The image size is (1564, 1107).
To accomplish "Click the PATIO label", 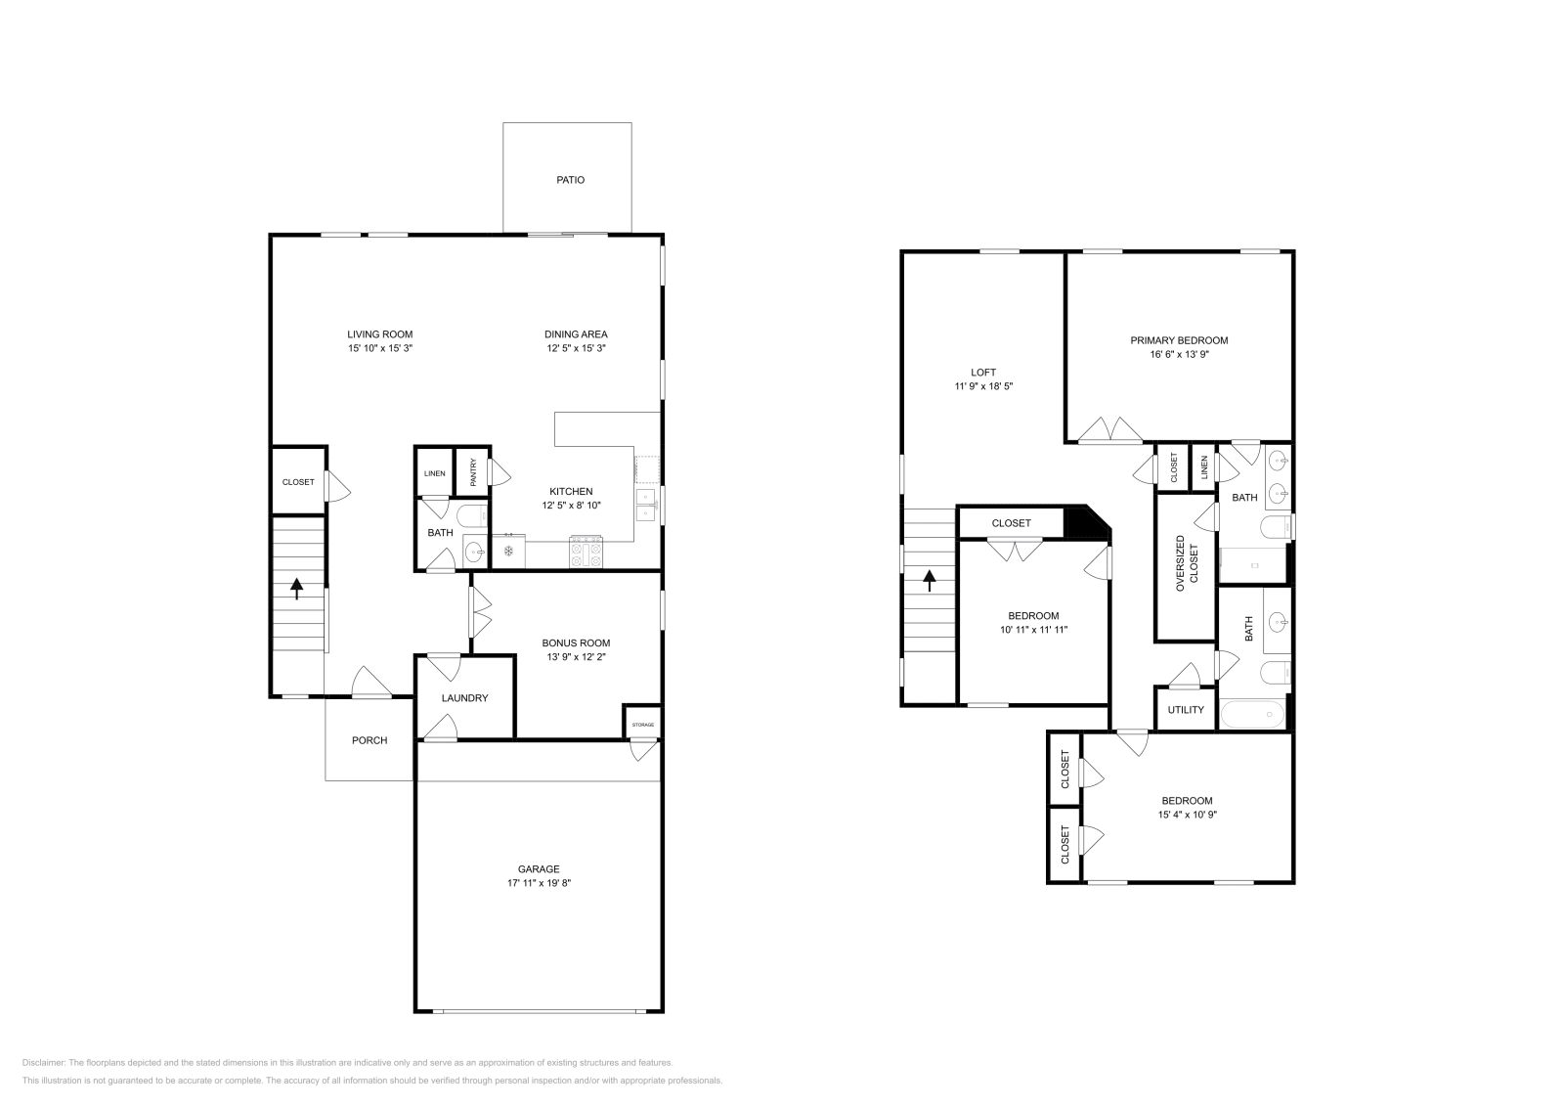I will click(570, 180).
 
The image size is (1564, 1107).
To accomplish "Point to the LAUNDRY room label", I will click(464, 698).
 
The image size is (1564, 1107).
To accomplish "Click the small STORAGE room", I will click(642, 725).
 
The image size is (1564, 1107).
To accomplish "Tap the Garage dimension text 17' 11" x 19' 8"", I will click(539, 883).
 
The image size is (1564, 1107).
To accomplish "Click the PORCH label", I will click(369, 740).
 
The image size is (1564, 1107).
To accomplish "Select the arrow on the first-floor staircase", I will click(297, 589).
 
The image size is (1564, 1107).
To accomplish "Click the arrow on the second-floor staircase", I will click(929, 583).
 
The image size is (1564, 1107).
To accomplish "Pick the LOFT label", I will click(983, 373).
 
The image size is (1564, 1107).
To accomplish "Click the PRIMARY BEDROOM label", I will click(1179, 340).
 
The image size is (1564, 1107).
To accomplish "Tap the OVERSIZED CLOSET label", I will click(1186, 562).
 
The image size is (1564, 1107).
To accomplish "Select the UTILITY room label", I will click(1186, 710).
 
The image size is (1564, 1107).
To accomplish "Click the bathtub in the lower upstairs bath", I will click(1253, 715).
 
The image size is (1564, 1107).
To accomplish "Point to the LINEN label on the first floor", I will click(435, 473).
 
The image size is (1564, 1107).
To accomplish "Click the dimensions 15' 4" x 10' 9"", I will click(1187, 815).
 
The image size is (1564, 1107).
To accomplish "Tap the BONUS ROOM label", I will click(576, 643).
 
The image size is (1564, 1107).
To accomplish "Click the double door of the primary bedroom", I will click(1110, 430).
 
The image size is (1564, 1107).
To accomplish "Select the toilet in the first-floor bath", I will click(472, 516).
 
